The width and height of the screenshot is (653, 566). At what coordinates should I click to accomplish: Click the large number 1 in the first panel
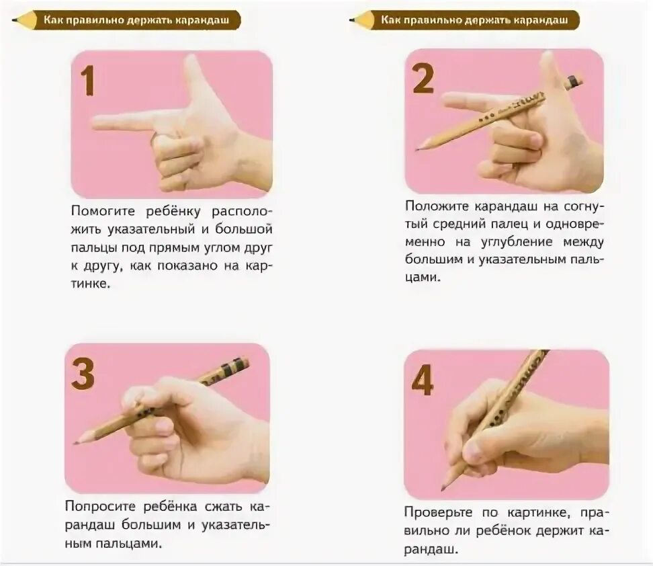coord(88,81)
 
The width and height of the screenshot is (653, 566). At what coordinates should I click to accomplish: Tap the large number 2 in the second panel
coord(423,79)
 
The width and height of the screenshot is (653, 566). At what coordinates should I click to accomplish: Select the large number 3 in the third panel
coord(83,374)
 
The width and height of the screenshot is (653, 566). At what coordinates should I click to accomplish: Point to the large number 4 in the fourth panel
coord(423,380)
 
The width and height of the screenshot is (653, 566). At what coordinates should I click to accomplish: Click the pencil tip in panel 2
coord(417,149)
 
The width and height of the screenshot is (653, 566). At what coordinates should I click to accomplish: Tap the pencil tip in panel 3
coord(76,442)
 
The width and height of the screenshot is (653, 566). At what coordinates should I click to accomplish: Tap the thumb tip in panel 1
coord(191,60)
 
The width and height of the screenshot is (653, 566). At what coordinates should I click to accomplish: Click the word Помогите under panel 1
coord(103,211)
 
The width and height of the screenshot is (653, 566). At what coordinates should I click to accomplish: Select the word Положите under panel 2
coord(437,206)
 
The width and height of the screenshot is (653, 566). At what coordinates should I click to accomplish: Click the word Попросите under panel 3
coord(100,506)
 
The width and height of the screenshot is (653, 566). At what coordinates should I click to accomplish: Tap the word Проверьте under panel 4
coord(438,512)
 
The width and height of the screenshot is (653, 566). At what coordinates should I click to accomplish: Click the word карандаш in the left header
coord(202,20)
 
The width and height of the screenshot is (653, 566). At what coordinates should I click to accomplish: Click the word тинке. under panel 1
coord(91,284)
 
